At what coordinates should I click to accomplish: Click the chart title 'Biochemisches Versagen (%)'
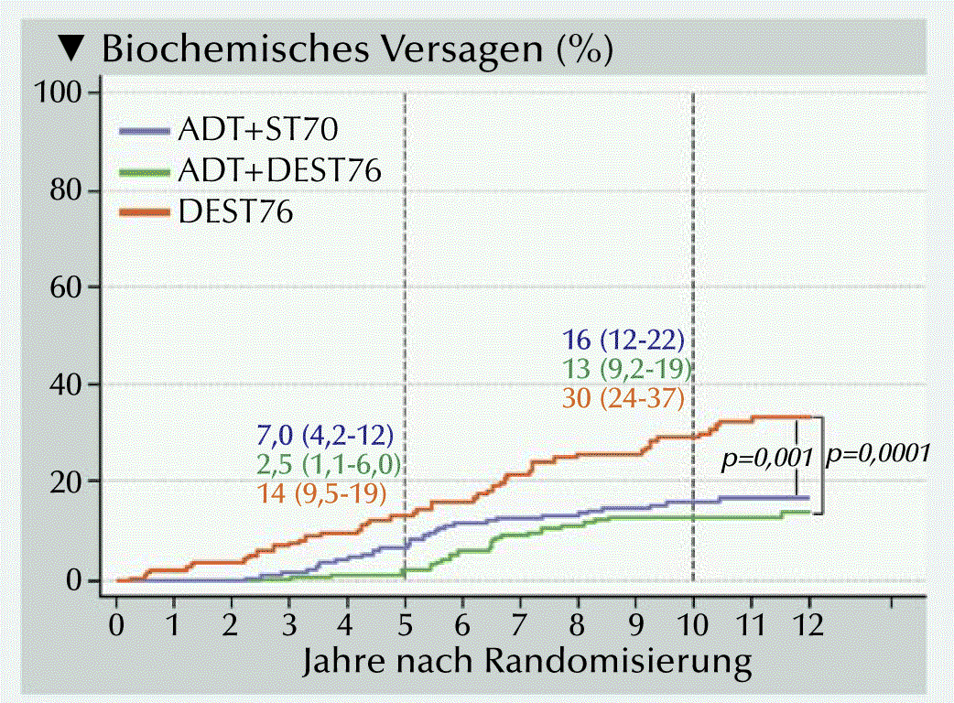tap(357, 49)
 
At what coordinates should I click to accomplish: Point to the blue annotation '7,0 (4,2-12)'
tap(327, 434)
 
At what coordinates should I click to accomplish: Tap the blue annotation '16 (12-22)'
tap(623, 341)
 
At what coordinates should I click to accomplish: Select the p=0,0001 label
tap(878, 453)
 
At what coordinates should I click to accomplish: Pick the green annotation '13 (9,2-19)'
tap(626, 370)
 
